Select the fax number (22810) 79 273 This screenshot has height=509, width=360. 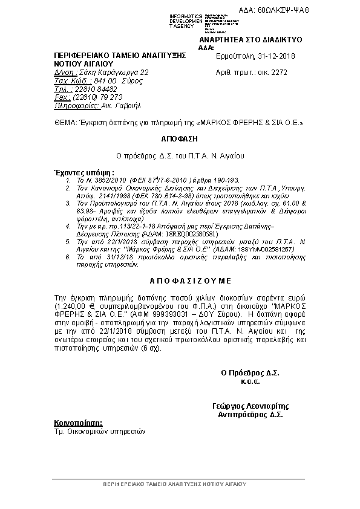(97, 97)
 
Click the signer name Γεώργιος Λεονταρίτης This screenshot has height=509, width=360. (250, 406)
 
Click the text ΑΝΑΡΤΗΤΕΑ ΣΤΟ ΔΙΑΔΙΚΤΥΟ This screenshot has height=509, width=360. (250, 39)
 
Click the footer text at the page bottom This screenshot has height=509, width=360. (179, 484)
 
